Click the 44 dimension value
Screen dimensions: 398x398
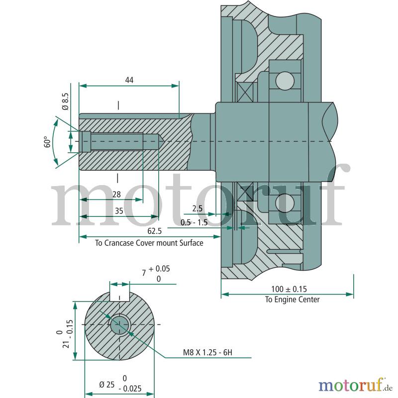pos(129,80)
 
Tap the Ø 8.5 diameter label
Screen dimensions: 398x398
pos(65,101)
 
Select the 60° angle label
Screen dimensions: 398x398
pos(47,142)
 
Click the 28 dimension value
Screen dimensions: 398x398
pos(116,195)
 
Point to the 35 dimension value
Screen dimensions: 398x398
pos(119,211)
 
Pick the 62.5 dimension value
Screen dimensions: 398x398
pos(154,231)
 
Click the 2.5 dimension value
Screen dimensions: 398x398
pos(197,208)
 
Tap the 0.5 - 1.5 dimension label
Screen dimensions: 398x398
pos(194,222)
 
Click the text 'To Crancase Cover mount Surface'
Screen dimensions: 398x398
pos(149,243)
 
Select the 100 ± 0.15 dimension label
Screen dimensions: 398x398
pos(289,289)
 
